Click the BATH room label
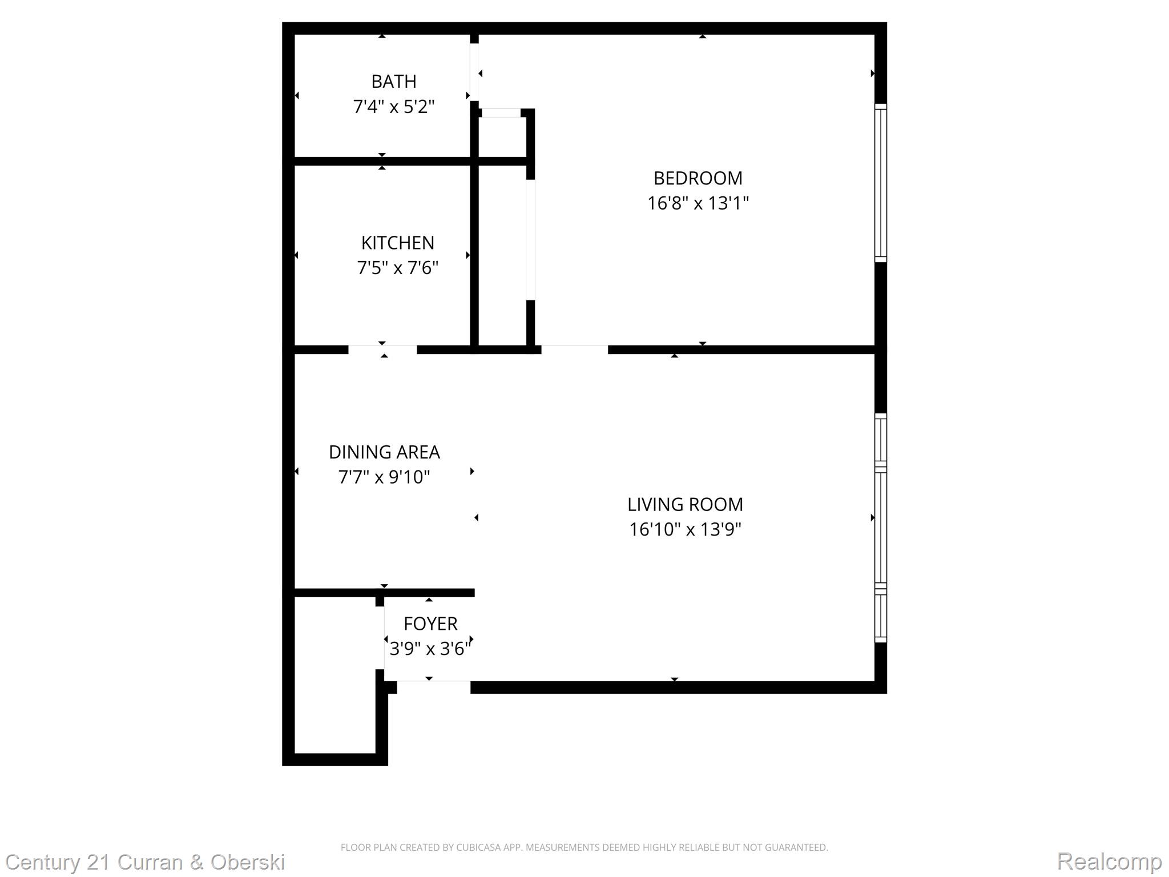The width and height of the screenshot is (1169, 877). pos(393,82)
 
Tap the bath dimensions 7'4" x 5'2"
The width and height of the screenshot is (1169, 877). pos(393,107)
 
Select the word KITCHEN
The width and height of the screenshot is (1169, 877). pos(397,243)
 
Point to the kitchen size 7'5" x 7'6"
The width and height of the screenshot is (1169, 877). pos(397,268)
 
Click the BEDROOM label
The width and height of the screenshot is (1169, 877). pos(698,178)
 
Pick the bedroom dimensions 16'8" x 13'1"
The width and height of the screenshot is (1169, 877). pos(698,203)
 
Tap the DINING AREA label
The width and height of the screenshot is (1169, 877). pos(384,452)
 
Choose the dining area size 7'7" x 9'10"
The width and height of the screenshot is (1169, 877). pos(384,477)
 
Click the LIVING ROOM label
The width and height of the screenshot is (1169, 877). pos(685,504)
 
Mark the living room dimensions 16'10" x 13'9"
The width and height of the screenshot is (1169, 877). pos(685,529)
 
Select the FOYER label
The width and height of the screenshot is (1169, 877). pos(430,623)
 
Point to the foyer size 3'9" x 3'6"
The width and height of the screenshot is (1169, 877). pos(430,649)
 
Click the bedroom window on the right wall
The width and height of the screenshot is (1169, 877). pos(881,183)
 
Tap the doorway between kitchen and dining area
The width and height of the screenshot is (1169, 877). pos(382,349)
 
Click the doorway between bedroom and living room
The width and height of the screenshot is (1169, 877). pos(574,349)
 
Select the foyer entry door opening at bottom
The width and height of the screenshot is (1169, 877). pos(433,686)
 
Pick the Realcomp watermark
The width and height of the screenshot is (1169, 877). pos(1108,862)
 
